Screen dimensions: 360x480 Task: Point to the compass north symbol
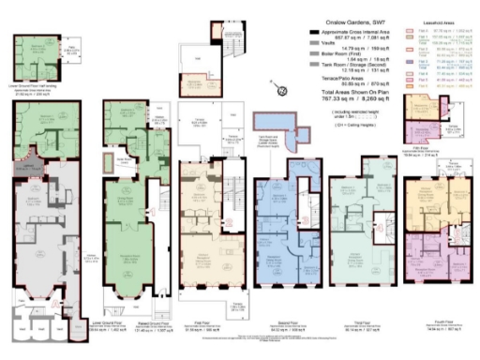pyautogui.click(x=280, y=91)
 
